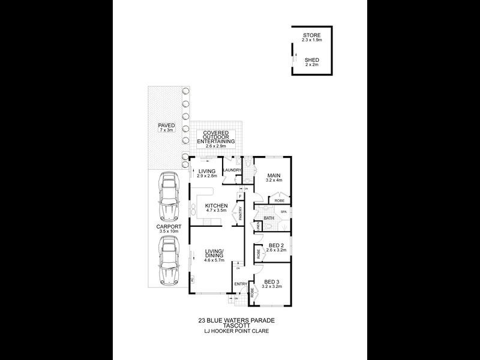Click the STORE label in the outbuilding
311,35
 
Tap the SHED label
311,60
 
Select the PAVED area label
166,125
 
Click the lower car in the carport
169,260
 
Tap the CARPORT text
169,227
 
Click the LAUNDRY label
232,170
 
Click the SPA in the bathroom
284,212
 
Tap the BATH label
268,218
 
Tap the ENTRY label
241,284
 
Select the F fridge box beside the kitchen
241,196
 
